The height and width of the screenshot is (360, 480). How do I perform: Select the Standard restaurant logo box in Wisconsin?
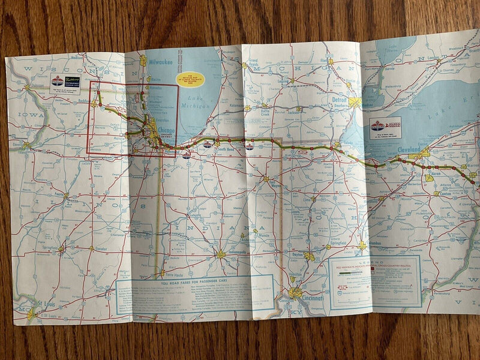(65, 82)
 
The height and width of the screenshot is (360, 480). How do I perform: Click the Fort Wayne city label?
(277, 184)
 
